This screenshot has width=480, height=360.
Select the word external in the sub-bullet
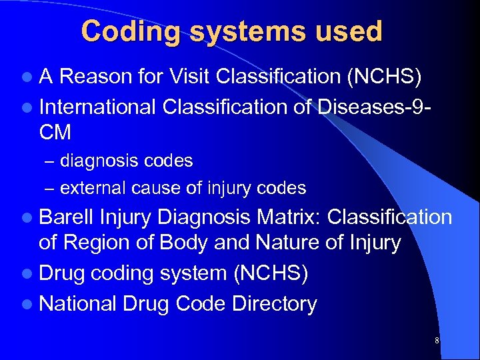tap(88, 188)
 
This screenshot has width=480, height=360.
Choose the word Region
tap(97, 243)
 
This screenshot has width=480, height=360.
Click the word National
tap(78, 303)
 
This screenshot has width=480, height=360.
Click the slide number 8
tap(437, 341)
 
